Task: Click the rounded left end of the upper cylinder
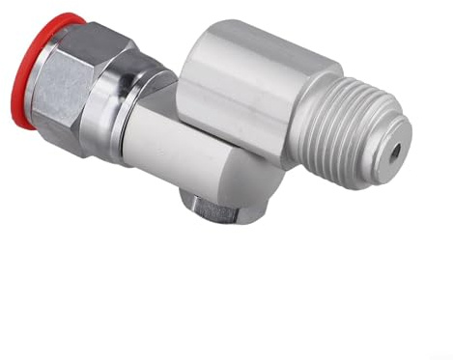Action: pyautogui.click(x=193, y=68)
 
